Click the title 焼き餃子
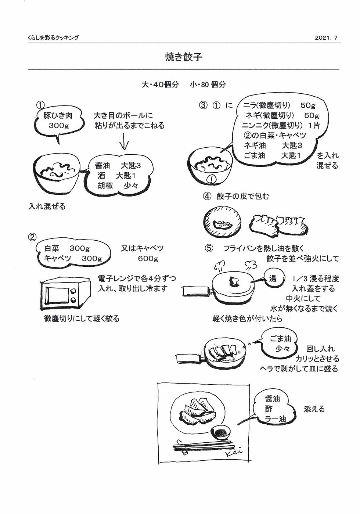coord(184,57)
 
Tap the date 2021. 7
coord(326,38)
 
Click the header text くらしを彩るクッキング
coord(53,38)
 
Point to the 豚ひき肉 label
coord(58,115)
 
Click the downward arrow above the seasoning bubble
coord(124,142)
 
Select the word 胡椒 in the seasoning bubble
coord(105,185)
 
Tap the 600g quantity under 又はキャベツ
coord(148,259)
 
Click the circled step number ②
coord(32,237)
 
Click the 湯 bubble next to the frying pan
coord(273,279)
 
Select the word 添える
coord(314,409)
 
